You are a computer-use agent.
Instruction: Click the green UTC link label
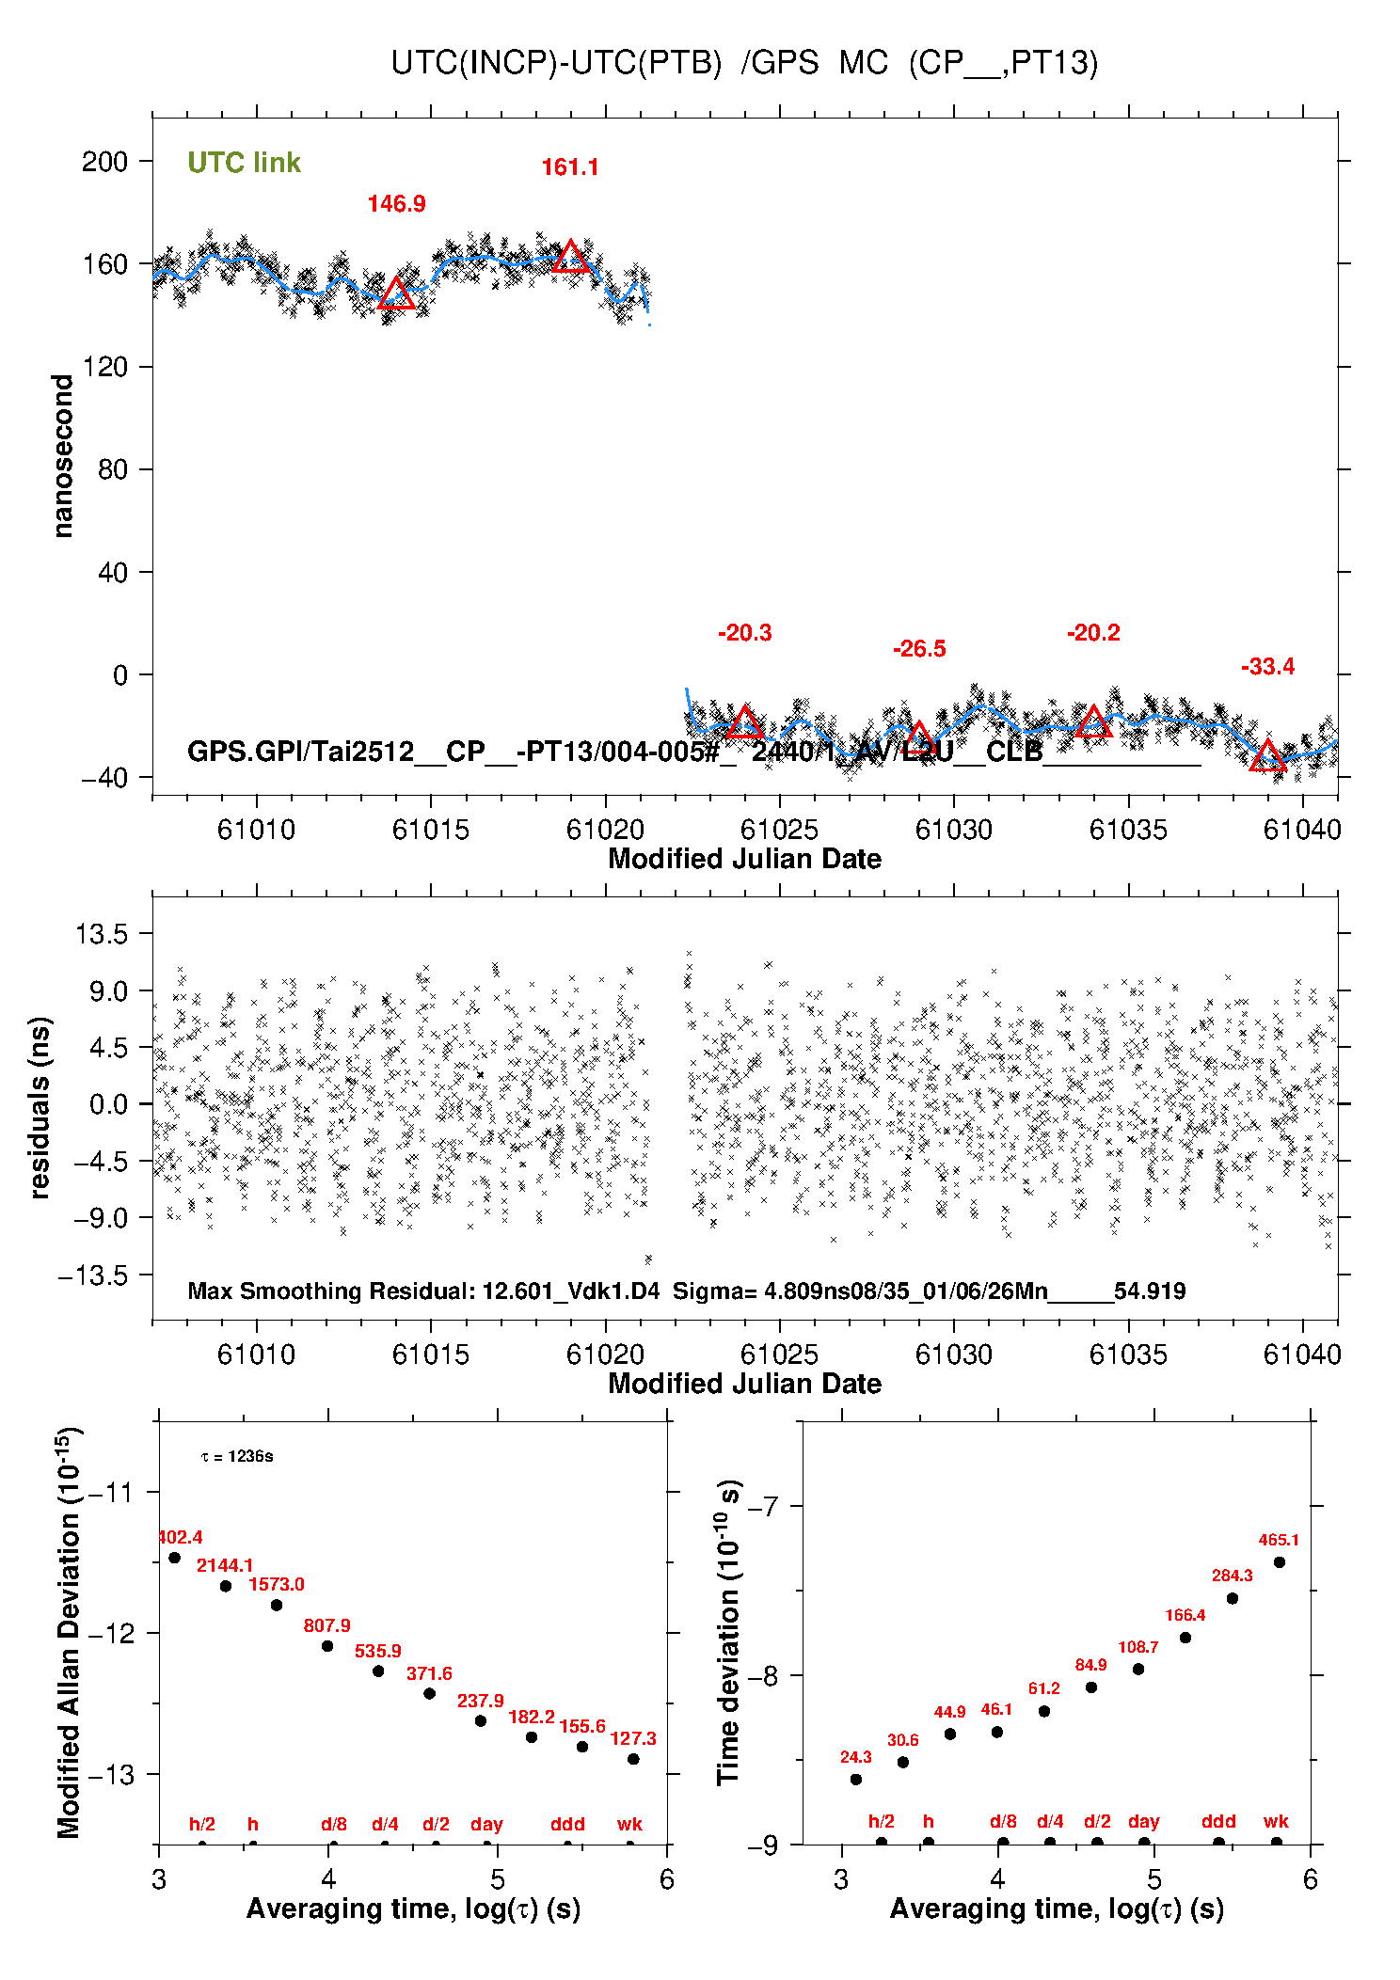(x=244, y=163)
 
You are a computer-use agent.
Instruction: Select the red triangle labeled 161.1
(x=570, y=257)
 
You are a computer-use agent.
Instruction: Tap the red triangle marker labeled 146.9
(x=396, y=293)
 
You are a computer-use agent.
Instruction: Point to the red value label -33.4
(x=1267, y=667)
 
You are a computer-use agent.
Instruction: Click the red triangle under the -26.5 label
(x=918, y=737)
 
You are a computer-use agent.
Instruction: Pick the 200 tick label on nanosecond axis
(x=104, y=162)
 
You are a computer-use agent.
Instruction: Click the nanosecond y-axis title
(x=62, y=456)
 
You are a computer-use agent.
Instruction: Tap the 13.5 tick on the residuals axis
(x=102, y=934)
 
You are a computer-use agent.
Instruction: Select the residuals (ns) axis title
(x=40, y=1107)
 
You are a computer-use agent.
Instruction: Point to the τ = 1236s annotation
(x=237, y=1456)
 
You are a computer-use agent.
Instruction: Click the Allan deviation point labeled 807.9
(x=327, y=1646)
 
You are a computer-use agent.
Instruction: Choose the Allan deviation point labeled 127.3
(x=633, y=1759)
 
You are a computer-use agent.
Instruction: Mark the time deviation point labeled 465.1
(x=1280, y=1562)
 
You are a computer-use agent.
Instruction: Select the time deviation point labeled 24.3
(x=856, y=1780)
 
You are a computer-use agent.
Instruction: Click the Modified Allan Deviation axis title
(x=69, y=1633)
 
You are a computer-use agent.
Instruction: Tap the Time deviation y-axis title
(x=729, y=1633)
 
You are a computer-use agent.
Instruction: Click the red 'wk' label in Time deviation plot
(x=1276, y=1822)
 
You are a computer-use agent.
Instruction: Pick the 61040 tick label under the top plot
(x=1302, y=830)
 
